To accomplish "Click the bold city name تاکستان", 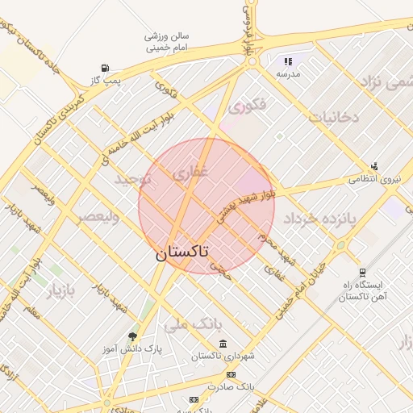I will click(181, 252).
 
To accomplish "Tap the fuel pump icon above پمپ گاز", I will click(106, 69).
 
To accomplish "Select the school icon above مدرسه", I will click(288, 61).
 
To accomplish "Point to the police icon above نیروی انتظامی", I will click(374, 166).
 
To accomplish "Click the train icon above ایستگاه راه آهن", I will click(361, 272).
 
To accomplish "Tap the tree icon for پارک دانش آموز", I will click(132, 336).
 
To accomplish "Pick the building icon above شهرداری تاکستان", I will click(223, 344).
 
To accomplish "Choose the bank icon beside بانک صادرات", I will click(231, 374).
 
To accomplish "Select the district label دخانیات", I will click(332, 118).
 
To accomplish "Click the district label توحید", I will click(133, 178).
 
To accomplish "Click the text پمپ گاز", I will click(105, 81).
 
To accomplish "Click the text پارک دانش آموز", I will click(132, 349).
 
